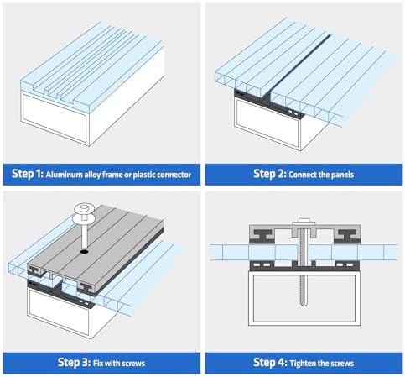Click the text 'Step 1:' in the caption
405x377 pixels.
(28, 174)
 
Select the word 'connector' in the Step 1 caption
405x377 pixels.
(174, 175)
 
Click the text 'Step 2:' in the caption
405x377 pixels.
(270, 174)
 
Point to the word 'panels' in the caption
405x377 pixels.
(342, 175)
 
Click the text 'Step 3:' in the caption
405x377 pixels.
(74, 363)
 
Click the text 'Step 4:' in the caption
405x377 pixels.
(270, 363)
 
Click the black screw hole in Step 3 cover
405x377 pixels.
(84, 252)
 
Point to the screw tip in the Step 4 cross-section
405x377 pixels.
(304, 304)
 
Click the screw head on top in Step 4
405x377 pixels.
(304, 222)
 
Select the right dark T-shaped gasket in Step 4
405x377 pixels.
(347, 235)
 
